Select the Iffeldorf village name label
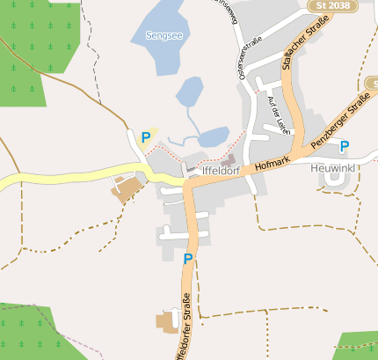pos(220,172)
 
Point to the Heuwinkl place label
pos(339,168)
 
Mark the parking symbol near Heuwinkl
pos(344,146)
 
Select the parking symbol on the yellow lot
pos(145,137)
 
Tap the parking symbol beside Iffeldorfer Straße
pos(187,259)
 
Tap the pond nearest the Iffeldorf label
pos(213,137)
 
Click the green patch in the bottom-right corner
pos(359,347)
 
